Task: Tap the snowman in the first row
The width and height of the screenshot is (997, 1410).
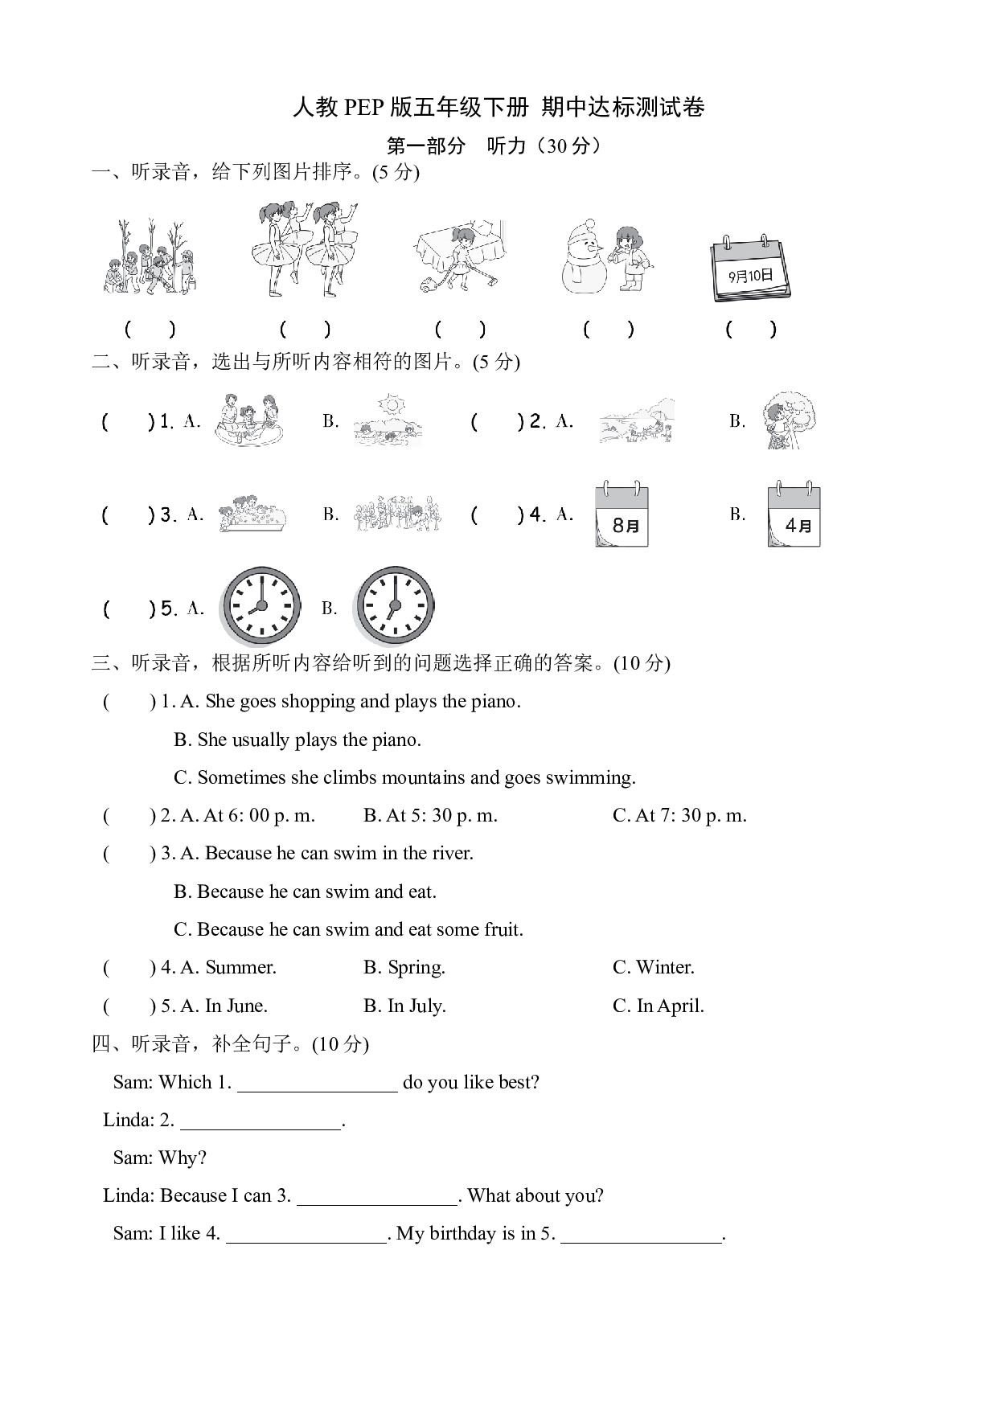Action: click(x=585, y=256)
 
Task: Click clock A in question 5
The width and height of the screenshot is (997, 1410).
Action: click(x=261, y=607)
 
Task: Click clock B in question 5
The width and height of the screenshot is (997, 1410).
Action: click(x=395, y=607)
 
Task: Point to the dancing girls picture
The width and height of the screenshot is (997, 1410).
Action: click(x=305, y=249)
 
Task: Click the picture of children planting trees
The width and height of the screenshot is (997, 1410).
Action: click(x=150, y=256)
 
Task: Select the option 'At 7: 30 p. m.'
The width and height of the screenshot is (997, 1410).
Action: click(x=679, y=815)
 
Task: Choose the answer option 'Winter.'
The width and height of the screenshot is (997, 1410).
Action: click(x=653, y=967)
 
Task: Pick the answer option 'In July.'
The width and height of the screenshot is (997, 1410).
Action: click(x=404, y=1006)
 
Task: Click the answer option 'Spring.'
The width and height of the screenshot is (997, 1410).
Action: click(x=404, y=967)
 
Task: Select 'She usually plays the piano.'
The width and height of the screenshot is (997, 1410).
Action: click(x=297, y=740)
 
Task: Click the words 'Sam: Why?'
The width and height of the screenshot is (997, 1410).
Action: click(x=160, y=1158)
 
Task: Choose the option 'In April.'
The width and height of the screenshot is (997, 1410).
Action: click(x=659, y=1006)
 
